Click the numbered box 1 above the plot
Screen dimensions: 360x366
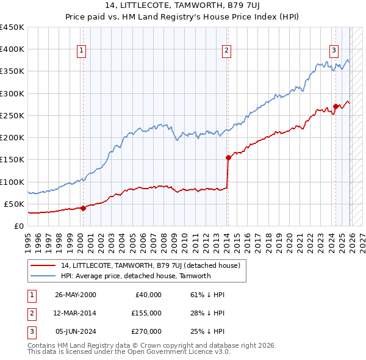(82, 51)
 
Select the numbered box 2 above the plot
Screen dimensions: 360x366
(226, 51)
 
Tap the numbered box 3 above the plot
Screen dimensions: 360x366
(334, 51)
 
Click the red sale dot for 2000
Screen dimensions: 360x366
(83, 208)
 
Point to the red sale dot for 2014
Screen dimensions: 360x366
(228, 157)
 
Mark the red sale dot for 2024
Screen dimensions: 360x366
(335, 107)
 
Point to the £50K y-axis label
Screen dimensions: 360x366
(14, 204)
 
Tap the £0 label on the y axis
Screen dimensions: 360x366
(20, 226)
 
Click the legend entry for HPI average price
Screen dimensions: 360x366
(135, 276)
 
